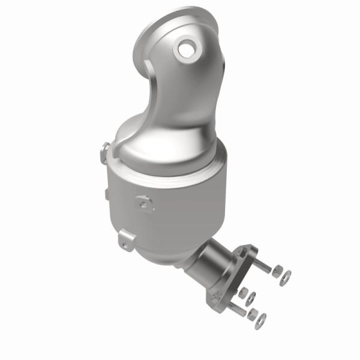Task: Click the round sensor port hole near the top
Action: pyautogui.click(x=185, y=47)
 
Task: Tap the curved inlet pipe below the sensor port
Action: pyautogui.click(x=180, y=96)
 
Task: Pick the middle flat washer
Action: pyautogui.click(x=252, y=298)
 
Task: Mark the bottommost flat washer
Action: pyautogui.click(x=260, y=322)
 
